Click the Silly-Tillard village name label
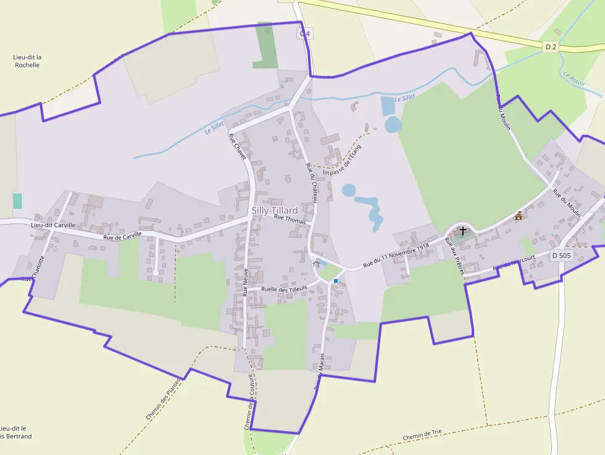click(275, 211)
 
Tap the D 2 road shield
click(551, 47)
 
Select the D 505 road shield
click(562, 255)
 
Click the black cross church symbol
click(463, 230)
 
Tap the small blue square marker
click(336, 281)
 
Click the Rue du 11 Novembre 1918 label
click(396, 256)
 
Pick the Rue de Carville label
click(122, 236)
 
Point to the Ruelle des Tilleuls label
click(284, 288)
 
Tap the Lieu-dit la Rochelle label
click(27, 61)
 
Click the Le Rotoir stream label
click(574, 78)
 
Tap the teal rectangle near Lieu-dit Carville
click(17, 201)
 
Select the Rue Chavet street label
click(238, 147)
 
